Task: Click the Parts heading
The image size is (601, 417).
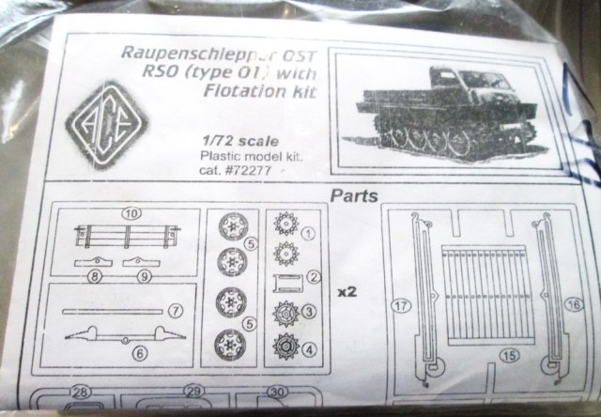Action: [x=353, y=198]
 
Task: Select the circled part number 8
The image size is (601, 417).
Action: [x=96, y=276]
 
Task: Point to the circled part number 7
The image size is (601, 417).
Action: [x=176, y=309]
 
